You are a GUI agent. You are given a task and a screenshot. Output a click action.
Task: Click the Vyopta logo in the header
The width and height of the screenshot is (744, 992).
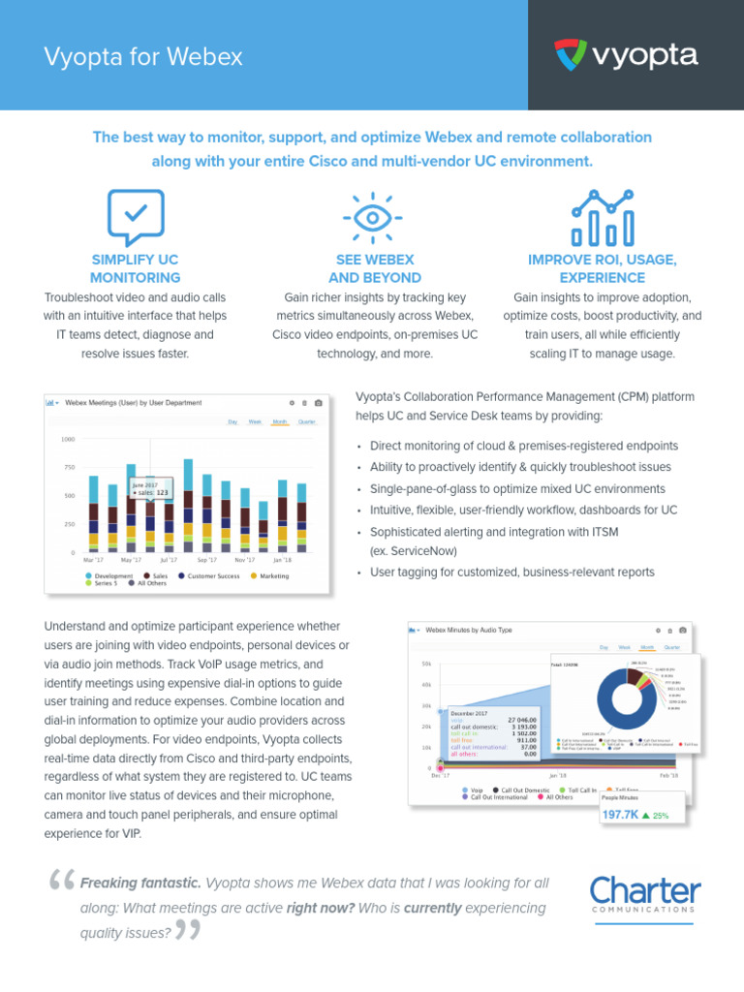[x=625, y=55]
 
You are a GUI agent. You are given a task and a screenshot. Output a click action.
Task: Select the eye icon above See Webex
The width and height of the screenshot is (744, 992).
[x=372, y=215]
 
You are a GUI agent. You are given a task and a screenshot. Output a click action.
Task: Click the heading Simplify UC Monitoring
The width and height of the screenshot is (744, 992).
[x=136, y=268]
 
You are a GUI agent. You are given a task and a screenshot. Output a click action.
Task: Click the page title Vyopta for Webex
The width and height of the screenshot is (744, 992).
[x=143, y=57]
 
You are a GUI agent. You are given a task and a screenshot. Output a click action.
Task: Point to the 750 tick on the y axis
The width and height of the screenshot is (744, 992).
[x=68, y=467]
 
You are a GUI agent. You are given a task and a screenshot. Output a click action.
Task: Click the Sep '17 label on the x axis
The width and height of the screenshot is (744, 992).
[x=207, y=560]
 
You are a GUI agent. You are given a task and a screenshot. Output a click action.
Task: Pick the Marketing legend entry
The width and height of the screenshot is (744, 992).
[x=273, y=575]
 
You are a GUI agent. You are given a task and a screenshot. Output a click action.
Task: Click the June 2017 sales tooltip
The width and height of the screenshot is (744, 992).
[x=150, y=487]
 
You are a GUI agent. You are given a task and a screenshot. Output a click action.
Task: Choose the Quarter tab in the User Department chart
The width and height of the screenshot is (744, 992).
[x=307, y=421]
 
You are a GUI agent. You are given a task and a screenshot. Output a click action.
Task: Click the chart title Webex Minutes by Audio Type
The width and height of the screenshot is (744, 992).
[x=470, y=630]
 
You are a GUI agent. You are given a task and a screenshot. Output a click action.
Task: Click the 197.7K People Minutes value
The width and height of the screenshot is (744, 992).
[x=620, y=816]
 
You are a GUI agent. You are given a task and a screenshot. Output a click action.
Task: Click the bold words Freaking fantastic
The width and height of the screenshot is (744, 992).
[x=141, y=883]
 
